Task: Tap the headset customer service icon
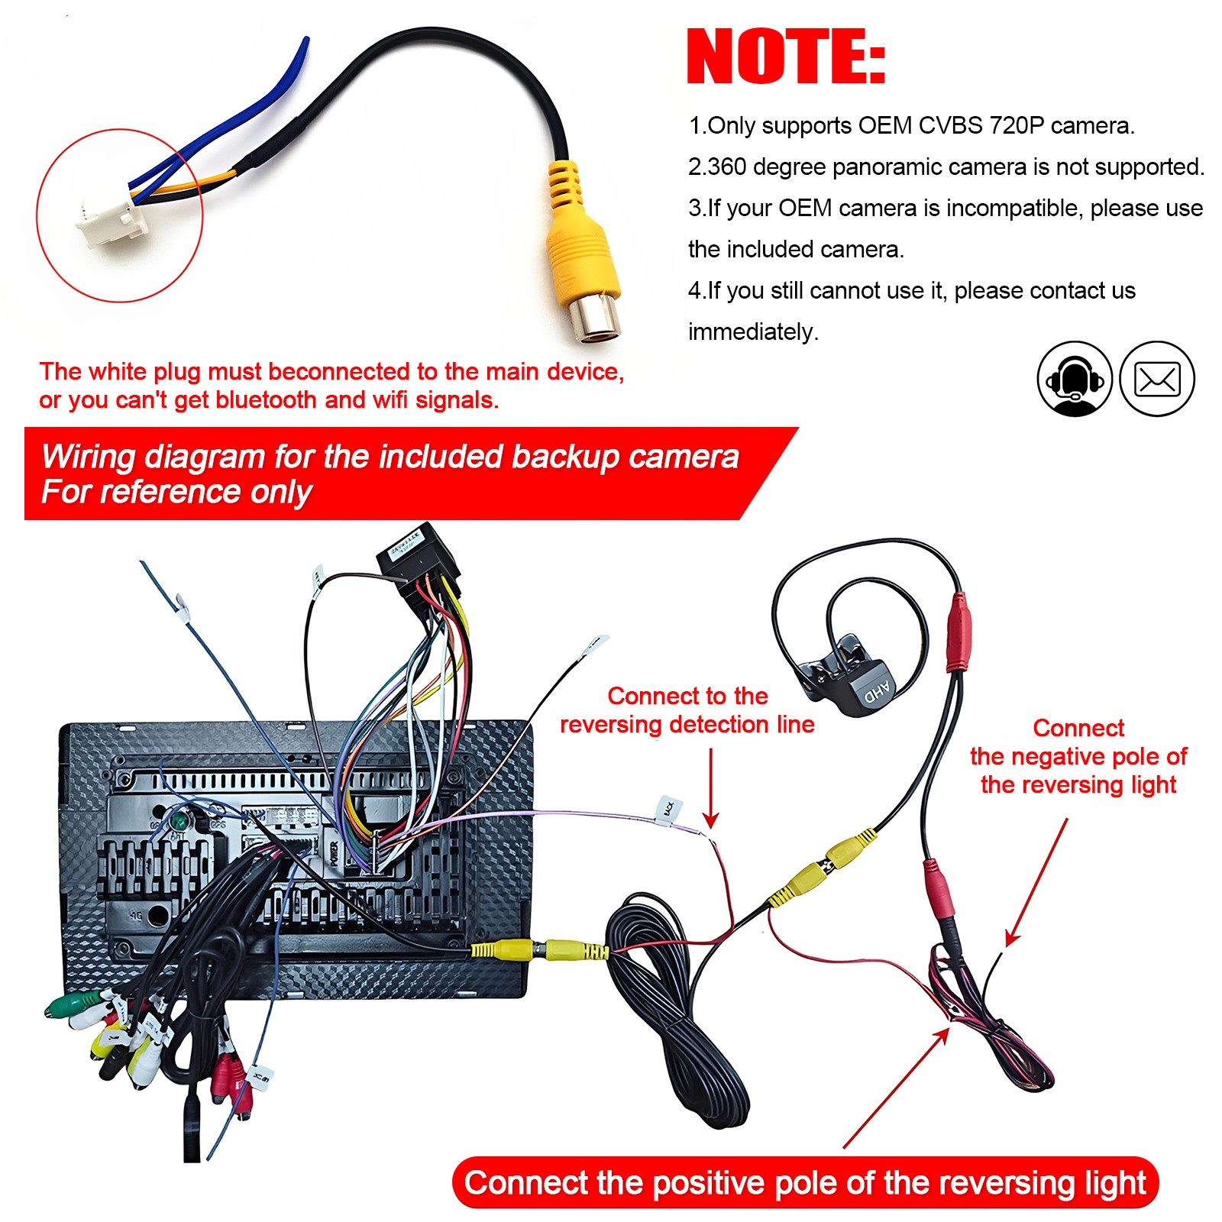1075,379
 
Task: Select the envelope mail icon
1157,379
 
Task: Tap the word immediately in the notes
753,331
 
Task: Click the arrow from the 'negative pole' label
1036,882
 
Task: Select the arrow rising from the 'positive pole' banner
897,1088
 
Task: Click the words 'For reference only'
176,492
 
